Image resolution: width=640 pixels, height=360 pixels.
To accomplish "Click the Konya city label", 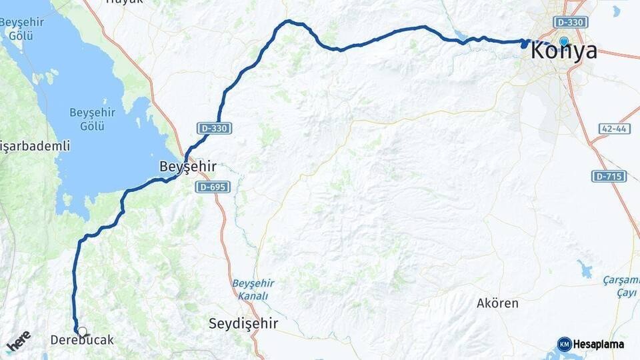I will click(x=564, y=51).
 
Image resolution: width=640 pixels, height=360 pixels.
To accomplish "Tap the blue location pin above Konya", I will click(x=564, y=42).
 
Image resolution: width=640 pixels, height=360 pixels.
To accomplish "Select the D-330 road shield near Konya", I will click(x=571, y=22).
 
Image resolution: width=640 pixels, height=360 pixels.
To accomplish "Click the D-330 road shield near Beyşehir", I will click(x=214, y=127).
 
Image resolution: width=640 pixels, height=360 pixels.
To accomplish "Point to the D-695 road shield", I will click(x=213, y=187).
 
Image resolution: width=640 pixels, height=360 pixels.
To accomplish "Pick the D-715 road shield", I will click(x=609, y=176).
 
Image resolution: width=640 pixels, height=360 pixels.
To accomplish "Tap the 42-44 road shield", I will click(x=610, y=129).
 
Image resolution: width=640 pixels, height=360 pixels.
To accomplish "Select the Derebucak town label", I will click(x=82, y=341).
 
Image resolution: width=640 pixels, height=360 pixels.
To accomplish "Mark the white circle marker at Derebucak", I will click(x=82, y=331).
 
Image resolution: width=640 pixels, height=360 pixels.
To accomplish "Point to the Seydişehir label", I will click(x=243, y=323).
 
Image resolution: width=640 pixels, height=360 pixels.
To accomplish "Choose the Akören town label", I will click(x=497, y=303).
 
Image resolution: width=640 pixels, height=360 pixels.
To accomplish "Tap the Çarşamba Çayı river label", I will click(x=621, y=284).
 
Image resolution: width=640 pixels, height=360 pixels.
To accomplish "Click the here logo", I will click(x=19, y=341).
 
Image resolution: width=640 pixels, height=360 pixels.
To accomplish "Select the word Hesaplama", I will click(x=599, y=345).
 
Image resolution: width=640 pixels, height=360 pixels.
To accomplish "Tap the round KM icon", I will click(x=565, y=345).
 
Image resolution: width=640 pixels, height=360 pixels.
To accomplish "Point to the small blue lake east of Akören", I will click(x=585, y=270).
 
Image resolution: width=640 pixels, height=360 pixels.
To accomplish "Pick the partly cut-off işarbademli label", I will click(x=35, y=145).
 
